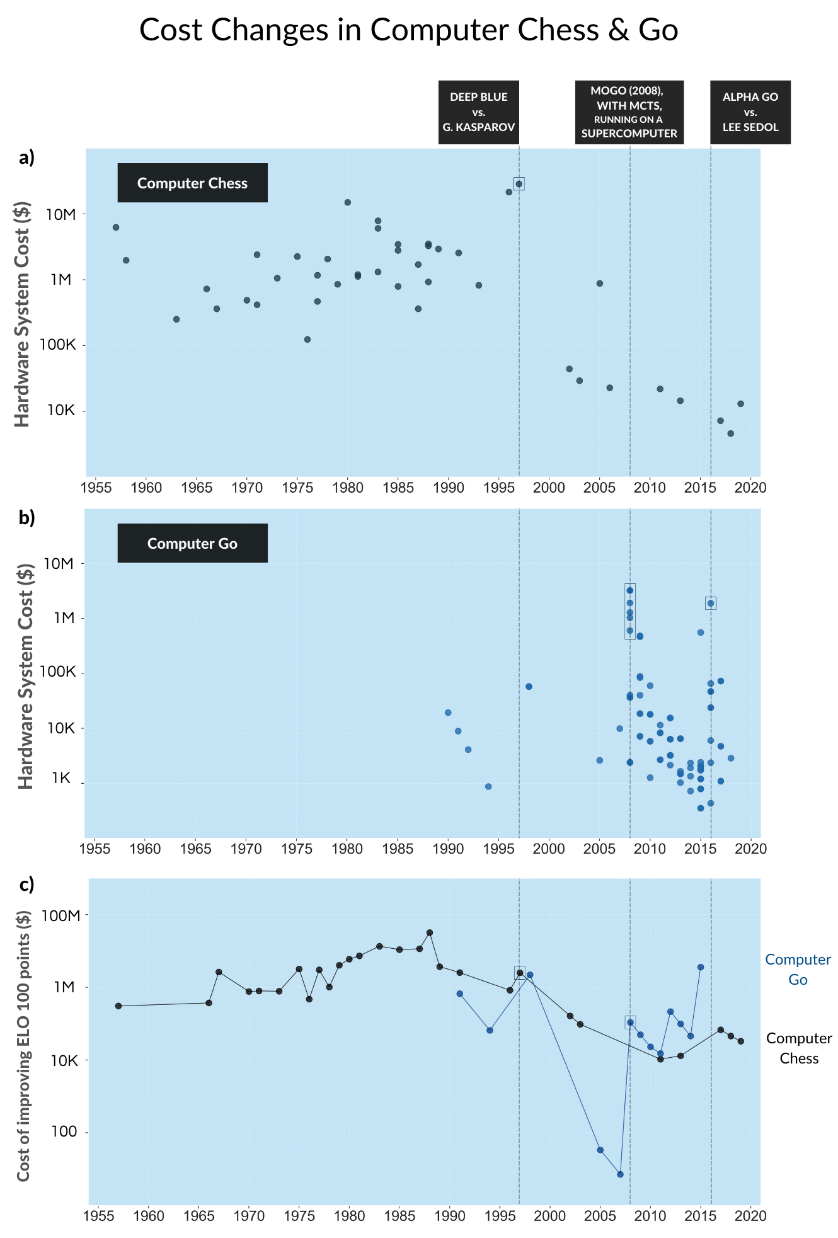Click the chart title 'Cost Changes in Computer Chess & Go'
(x=408, y=30)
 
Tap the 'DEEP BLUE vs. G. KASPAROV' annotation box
(x=478, y=112)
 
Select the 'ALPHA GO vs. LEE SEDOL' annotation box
(x=750, y=112)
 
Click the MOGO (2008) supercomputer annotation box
(x=629, y=112)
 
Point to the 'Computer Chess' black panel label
(x=192, y=183)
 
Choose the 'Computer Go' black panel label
(x=192, y=543)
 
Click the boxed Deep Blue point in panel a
(x=519, y=183)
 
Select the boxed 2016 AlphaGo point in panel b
(x=710, y=603)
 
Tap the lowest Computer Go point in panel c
(x=620, y=1174)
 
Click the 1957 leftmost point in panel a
(x=116, y=227)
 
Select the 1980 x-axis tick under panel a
(x=347, y=488)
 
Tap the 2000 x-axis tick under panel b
(x=549, y=848)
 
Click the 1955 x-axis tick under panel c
(x=98, y=1215)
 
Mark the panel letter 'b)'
(x=27, y=517)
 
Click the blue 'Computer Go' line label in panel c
(x=798, y=969)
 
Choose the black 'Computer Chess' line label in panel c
(x=799, y=1048)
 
